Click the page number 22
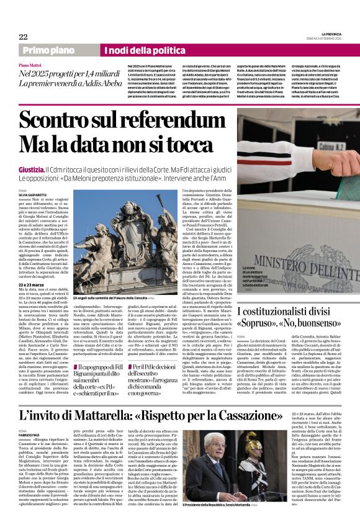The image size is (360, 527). [x=23, y=37]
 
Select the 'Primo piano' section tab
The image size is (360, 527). [x=49, y=50]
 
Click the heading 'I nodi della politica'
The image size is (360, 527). [x=137, y=50]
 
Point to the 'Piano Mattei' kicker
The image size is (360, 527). [x=33, y=65]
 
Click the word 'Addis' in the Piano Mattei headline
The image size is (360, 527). [x=80, y=83]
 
